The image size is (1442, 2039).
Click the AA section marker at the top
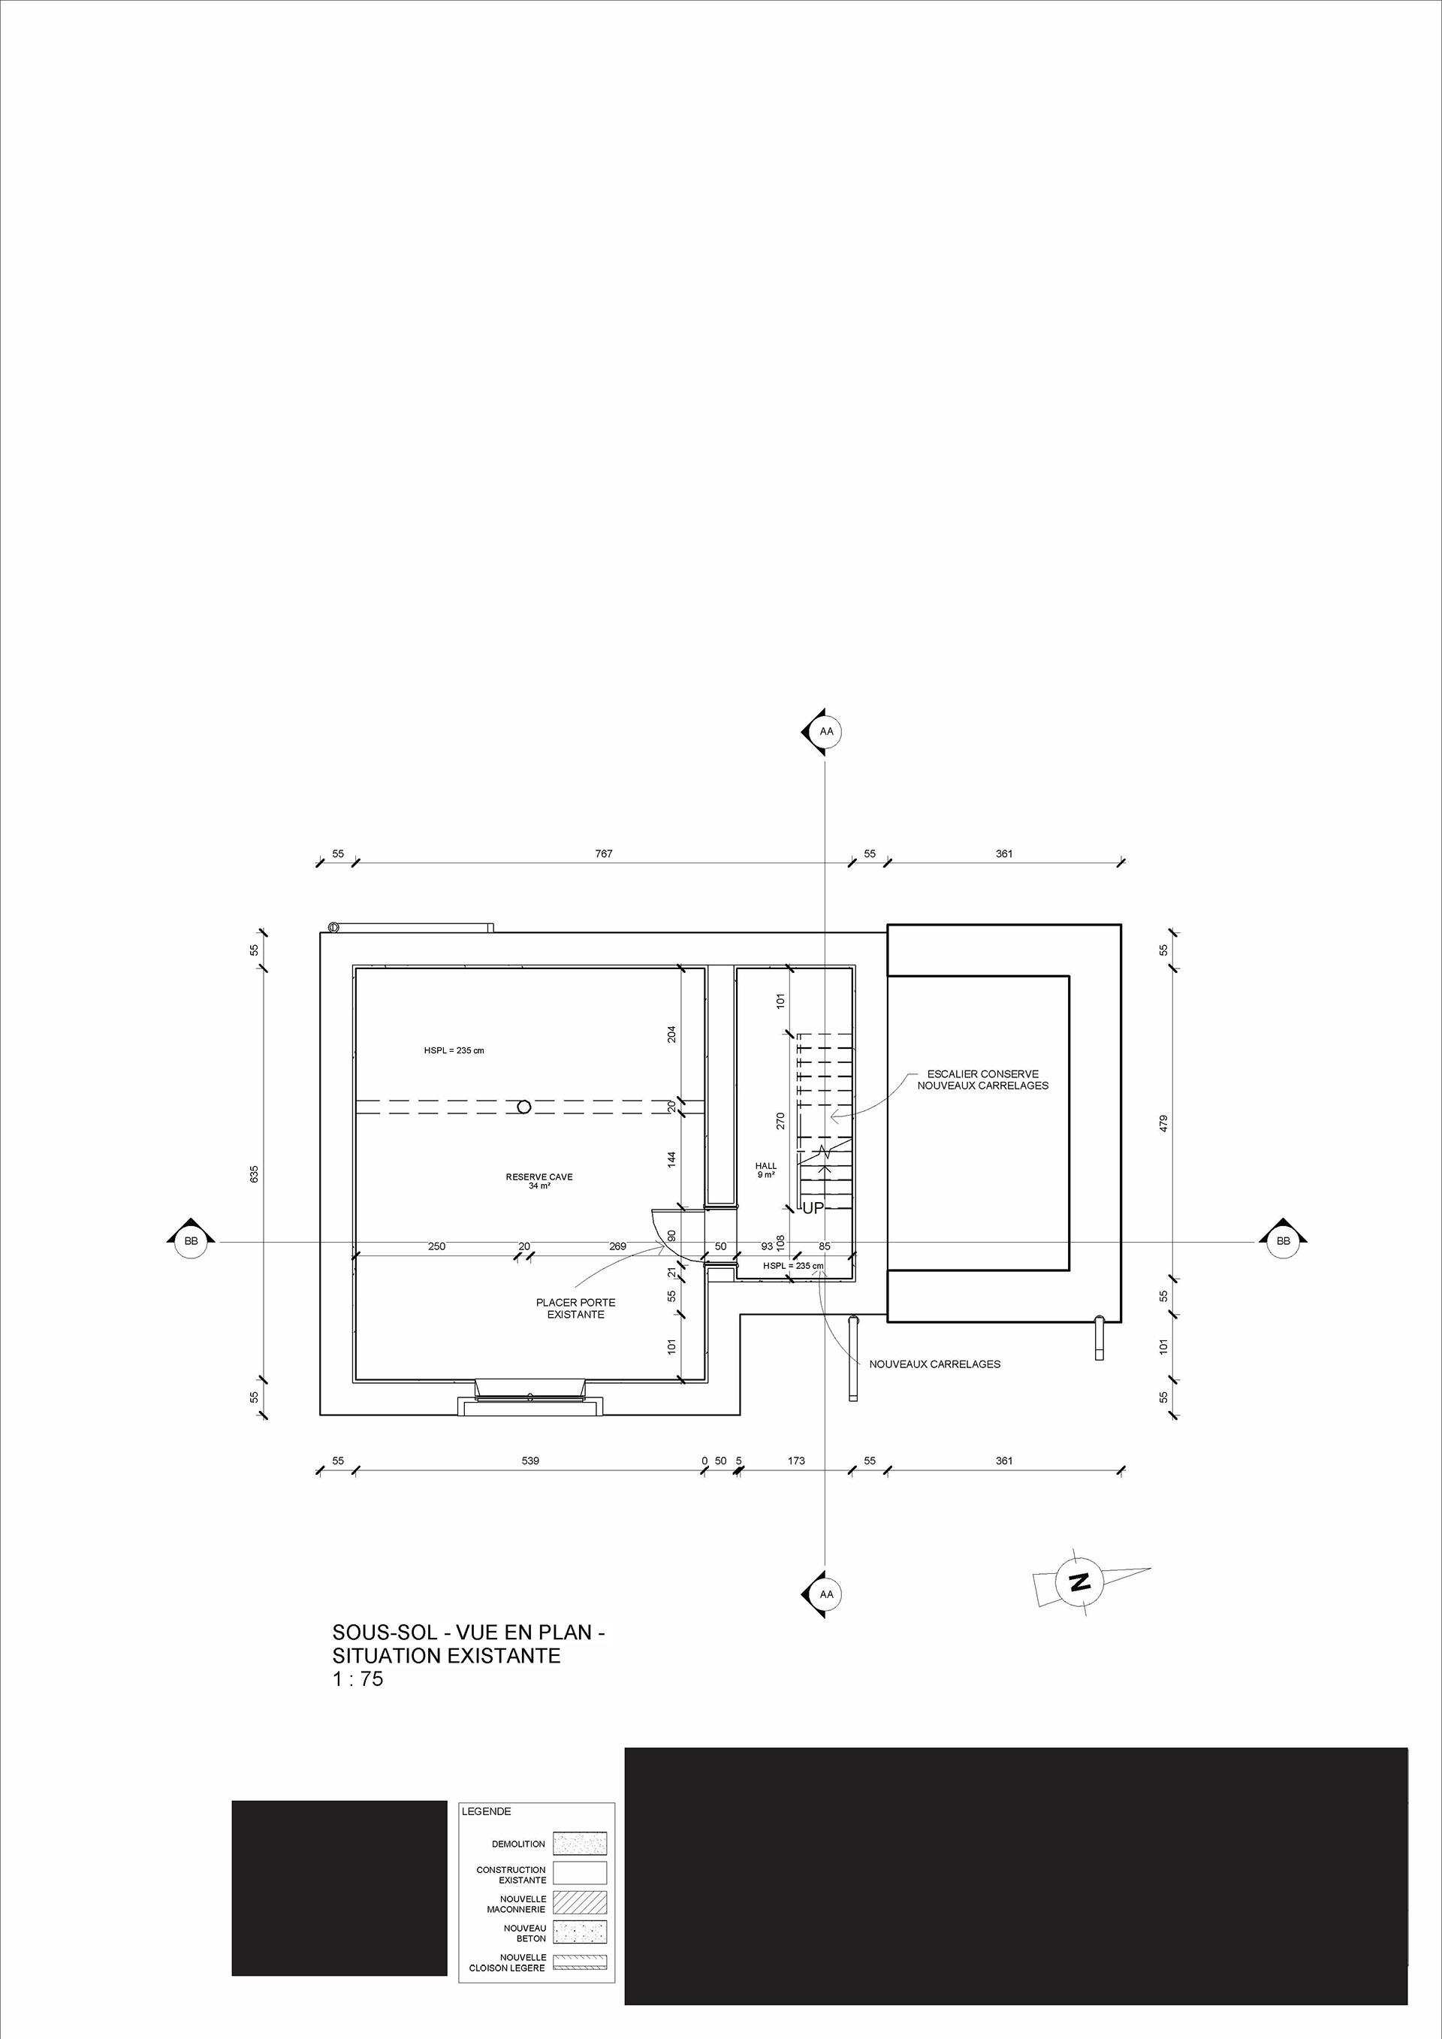click(x=825, y=732)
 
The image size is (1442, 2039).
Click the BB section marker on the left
click(x=191, y=1240)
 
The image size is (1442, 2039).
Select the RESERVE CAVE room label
click(x=539, y=1180)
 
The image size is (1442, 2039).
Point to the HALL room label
click(x=765, y=1170)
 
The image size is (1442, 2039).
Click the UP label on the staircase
click(x=813, y=1208)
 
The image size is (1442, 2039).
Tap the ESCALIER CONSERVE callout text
click(x=982, y=1079)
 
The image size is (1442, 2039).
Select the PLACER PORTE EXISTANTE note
click(x=575, y=1308)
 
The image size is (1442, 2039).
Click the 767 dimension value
click(x=604, y=853)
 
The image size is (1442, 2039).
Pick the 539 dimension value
click(x=530, y=1460)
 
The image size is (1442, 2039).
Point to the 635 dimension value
click(x=254, y=1173)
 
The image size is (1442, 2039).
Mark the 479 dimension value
click(x=1163, y=1122)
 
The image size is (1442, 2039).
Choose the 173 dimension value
click(x=795, y=1460)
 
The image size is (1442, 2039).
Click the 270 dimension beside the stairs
click(x=780, y=1121)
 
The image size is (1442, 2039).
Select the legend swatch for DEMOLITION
click(x=579, y=1843)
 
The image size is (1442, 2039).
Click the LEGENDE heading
click(x=486, y=1811)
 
